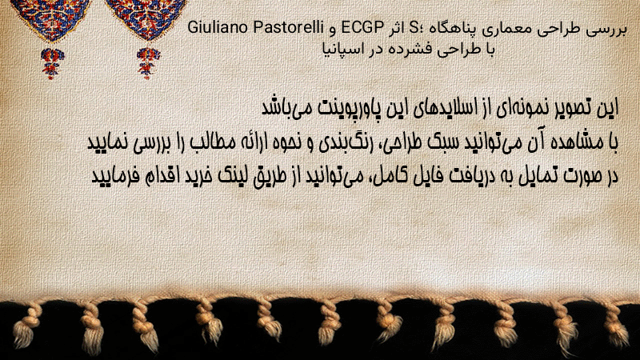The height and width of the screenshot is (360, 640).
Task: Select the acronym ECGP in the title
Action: [362, 28]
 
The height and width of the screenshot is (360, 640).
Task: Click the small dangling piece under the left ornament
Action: [52, 63]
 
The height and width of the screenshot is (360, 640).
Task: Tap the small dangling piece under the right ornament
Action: [148, 62]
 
